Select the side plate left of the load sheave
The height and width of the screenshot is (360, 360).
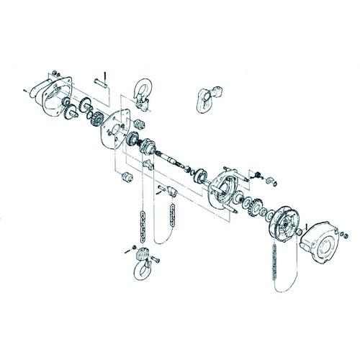pos(114,130)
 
